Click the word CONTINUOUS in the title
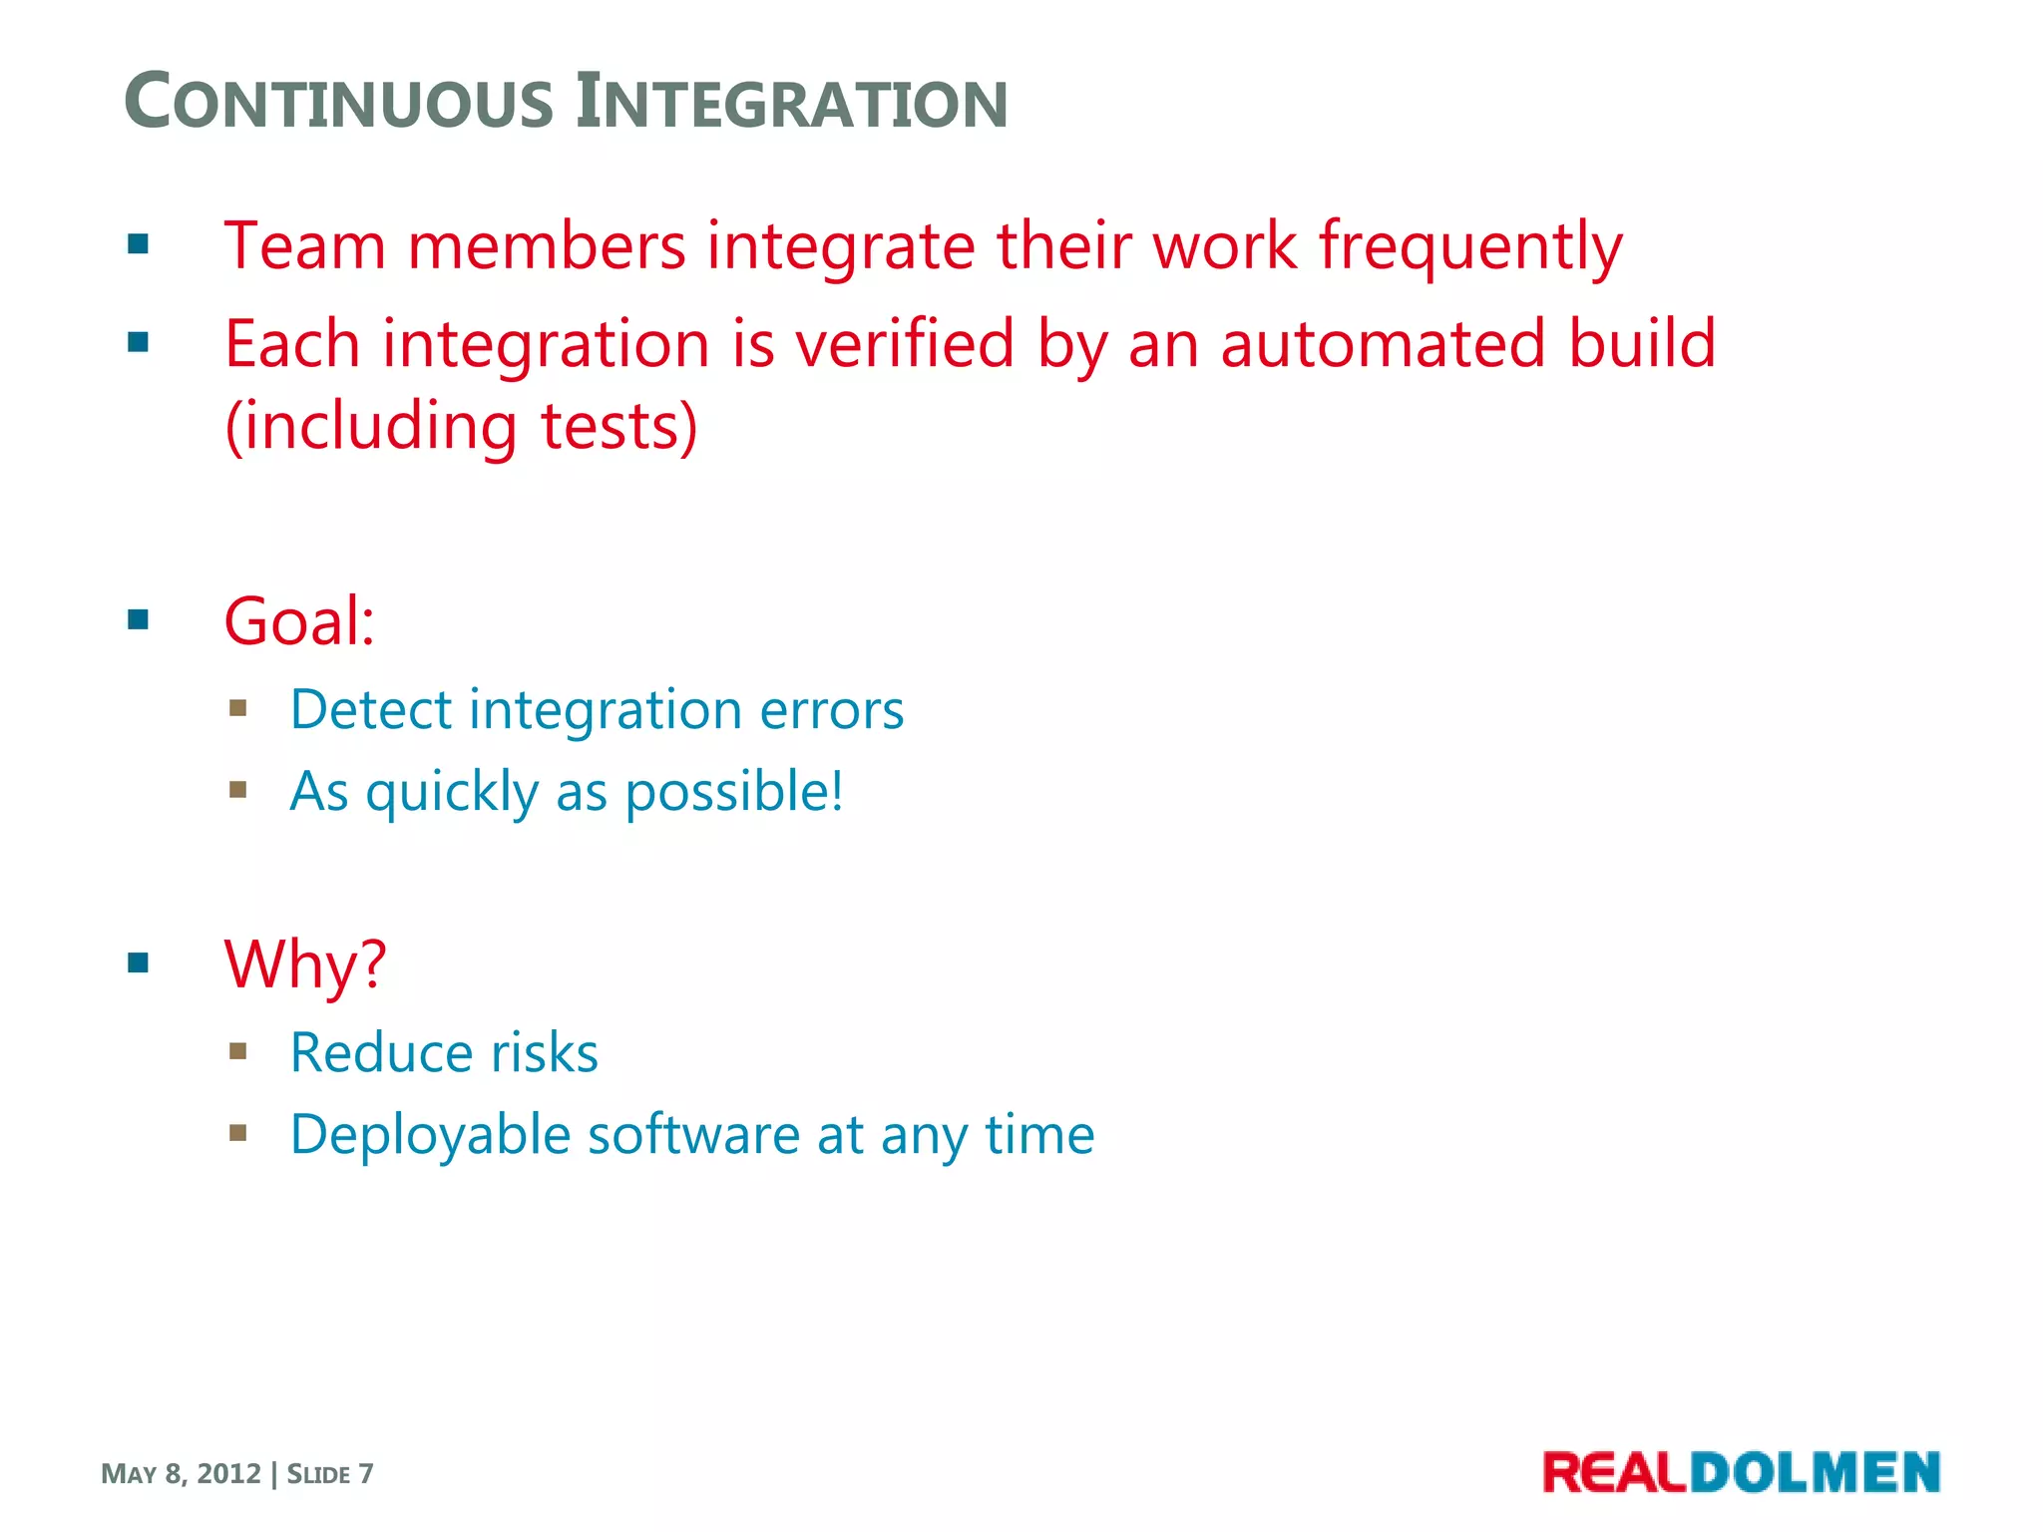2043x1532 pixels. (x=339, y=103)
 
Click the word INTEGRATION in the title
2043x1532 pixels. (x=792, y=103)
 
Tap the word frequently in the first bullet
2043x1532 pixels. (x=1470, y=246)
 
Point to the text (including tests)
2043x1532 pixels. (x=461, y=426)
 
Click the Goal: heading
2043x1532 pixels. (x=299, y=621)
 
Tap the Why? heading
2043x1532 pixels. (x=305, y=964)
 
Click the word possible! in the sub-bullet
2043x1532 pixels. (x=734, y=792)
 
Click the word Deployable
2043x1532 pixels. (x=430, y=1136)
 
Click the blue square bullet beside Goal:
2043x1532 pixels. (x=139, y=620)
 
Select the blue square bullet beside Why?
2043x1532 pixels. (x=139, y=962)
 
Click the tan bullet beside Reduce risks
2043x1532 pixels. (x=237, y=1050)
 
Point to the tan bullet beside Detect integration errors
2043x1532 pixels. (x=237, y=708)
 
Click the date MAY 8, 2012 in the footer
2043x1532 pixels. (x=181, y=1473)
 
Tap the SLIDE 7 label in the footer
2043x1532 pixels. (x=330, y=1473)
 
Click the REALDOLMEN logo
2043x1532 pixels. (x=1741, y=1472)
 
